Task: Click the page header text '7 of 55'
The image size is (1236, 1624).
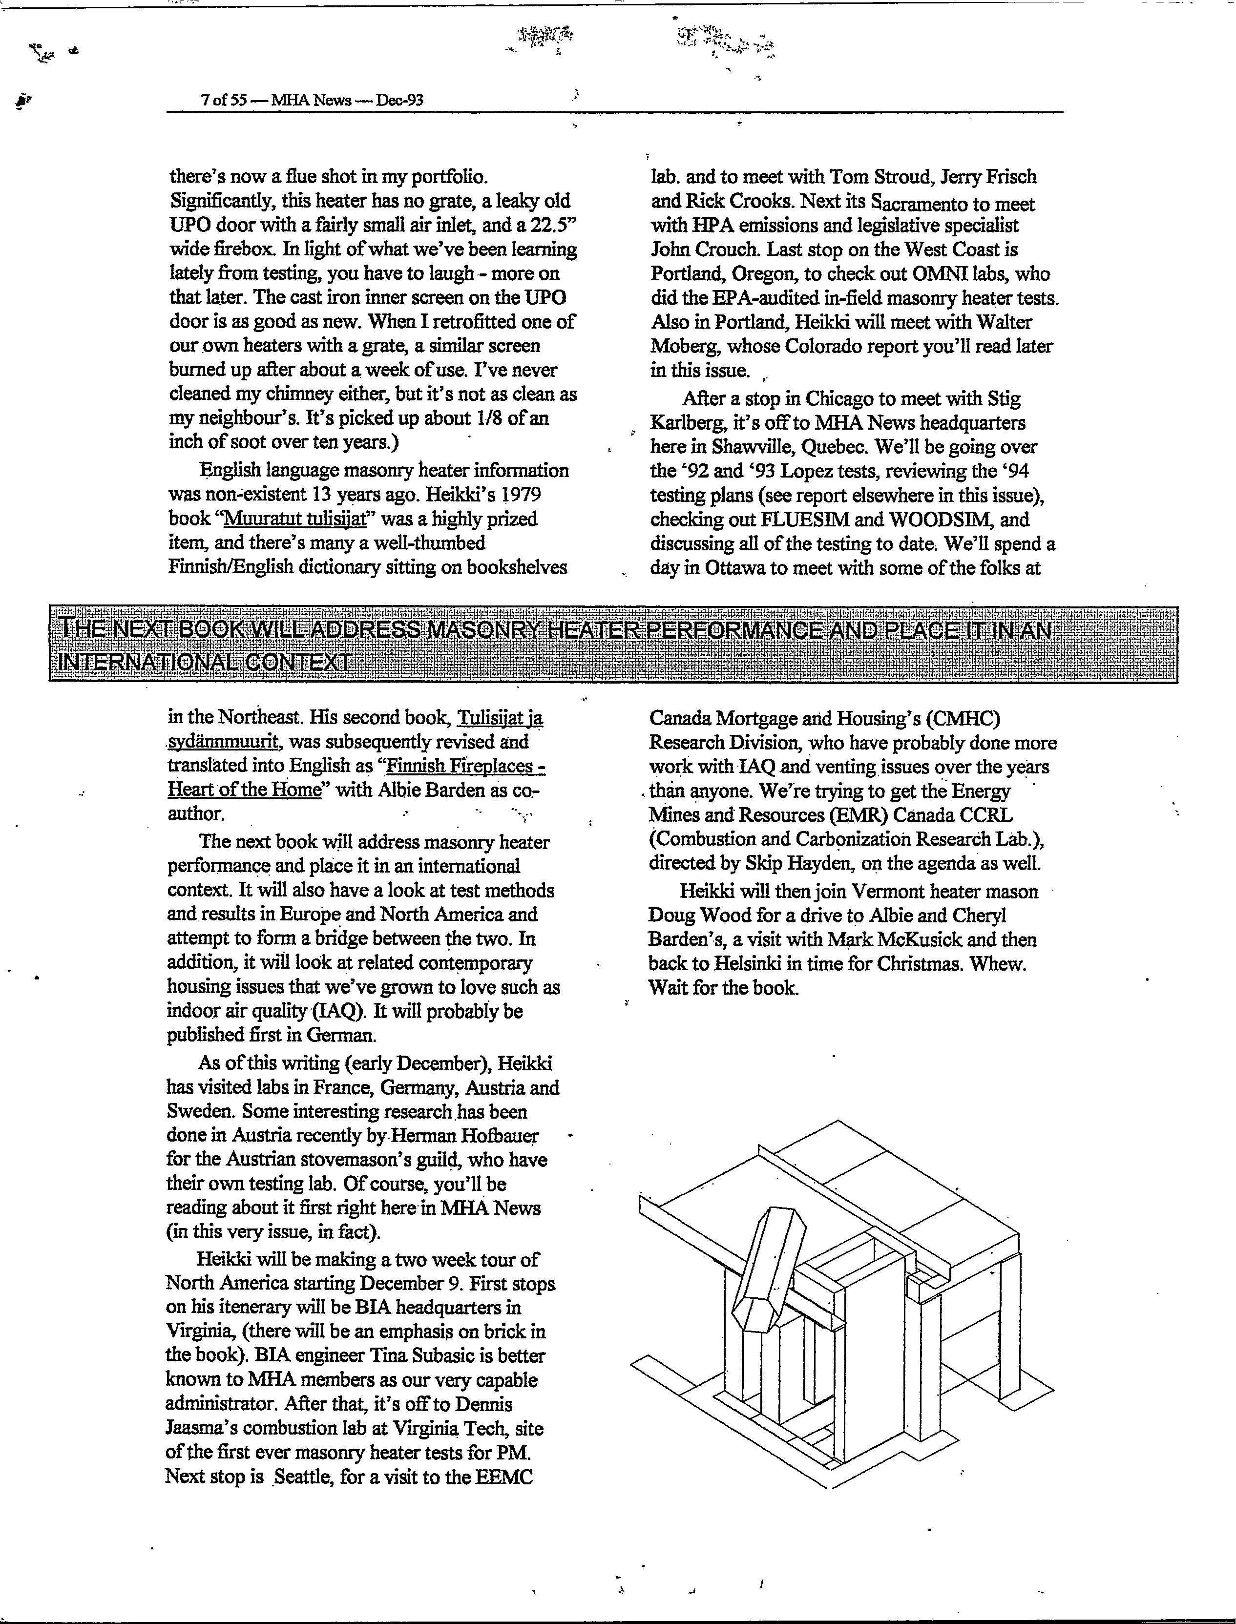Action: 223,100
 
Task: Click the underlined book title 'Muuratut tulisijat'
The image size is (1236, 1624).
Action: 294,519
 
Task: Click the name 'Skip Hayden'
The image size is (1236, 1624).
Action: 805,863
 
